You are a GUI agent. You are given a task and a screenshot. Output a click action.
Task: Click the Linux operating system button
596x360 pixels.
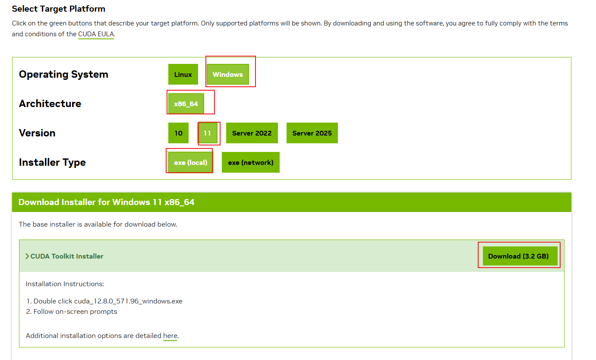tap(183, 74)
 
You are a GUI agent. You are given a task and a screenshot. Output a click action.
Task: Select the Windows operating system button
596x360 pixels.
tap(227, 74)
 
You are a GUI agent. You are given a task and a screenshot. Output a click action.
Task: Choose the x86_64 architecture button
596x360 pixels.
tap(186, 104)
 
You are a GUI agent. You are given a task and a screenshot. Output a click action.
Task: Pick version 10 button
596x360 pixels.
tap(178, 133)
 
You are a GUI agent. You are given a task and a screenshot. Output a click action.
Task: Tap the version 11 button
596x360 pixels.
tap(207, 133)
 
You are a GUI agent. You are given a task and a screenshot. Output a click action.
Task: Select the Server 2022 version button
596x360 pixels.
tap(252, 133)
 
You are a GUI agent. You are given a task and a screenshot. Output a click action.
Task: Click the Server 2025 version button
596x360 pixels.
tap(312, 133)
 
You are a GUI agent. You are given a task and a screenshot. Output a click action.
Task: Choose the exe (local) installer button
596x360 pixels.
tap(190, 162)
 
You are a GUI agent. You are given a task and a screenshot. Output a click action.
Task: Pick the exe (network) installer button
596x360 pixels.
tap(251, 162)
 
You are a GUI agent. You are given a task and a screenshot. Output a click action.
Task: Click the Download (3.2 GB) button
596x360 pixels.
tap(518, 256)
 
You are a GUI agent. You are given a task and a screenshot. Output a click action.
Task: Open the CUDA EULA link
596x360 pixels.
tap(96, 34)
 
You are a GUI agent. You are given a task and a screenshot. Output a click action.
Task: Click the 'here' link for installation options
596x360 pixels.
tap(170, 336)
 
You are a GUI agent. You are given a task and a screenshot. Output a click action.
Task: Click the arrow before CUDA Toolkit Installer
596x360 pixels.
tap(27, 256)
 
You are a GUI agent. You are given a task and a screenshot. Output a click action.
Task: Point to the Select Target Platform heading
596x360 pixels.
tap(59, 9)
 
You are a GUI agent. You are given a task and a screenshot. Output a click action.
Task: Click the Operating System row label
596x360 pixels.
tap(63, 74)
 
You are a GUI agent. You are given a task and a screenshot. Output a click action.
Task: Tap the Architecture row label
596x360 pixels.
tap(50, 104)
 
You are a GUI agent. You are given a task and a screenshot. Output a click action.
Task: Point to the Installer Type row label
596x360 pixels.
tap(52, 162)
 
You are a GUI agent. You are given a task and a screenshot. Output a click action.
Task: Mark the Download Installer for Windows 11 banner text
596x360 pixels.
tap(107, 202)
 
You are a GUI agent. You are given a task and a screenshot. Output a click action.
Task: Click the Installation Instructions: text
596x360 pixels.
tap(65, 284)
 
